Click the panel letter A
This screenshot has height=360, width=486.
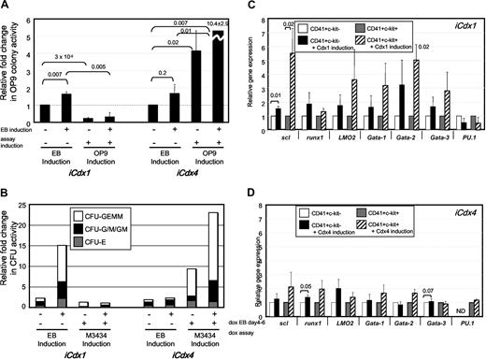(7, 7)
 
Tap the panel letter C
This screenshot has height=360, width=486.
(249, 7)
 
